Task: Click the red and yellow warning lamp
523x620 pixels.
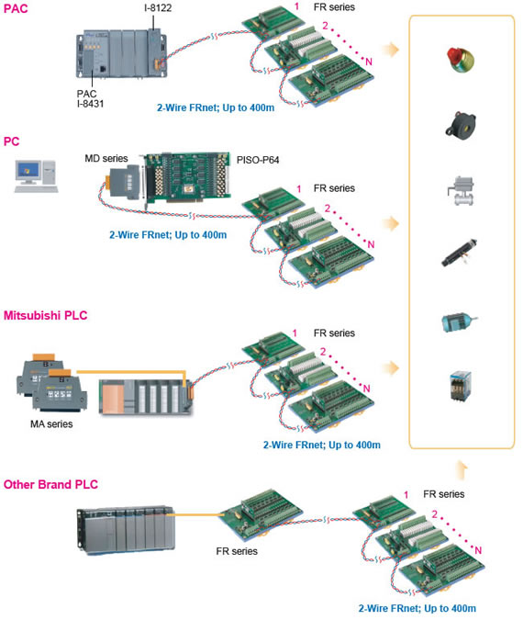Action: pos(461,60)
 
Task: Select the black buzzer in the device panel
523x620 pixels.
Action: pos(461,124)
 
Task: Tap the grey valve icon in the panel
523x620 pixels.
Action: pos(461,190)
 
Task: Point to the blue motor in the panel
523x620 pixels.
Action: pos(459,321)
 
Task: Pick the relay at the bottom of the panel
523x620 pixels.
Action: pos(461,386)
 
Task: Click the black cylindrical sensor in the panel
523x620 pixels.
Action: pos(459,253)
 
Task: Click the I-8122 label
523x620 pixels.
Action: pos(158,7)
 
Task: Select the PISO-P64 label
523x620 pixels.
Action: pos(258,160)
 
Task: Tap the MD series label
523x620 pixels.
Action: pos(106,159)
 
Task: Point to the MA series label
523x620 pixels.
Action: pos(51,423)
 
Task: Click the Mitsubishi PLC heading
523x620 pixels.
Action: pos(46,315)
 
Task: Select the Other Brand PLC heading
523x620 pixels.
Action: pos(50,484)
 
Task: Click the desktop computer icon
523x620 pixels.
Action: pos(36,176)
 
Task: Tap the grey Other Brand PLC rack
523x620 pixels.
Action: pos(126,529)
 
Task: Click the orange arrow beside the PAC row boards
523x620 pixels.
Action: pos(391,50)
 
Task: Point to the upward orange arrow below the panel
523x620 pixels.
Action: pos(461,470)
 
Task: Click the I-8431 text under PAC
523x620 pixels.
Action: pos(91,104)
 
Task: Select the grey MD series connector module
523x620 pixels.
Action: pos(125,181)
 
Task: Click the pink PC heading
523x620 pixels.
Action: pos(11,141)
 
